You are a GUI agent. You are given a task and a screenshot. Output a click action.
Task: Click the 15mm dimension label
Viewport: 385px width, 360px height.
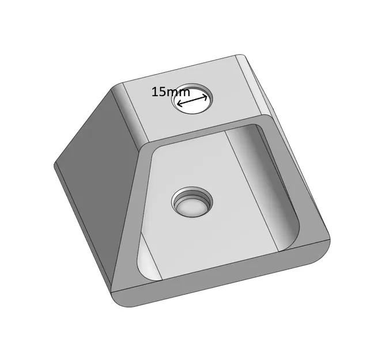tap(171, 92)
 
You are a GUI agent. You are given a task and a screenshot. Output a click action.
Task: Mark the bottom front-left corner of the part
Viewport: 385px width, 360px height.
tap(115, 300)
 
